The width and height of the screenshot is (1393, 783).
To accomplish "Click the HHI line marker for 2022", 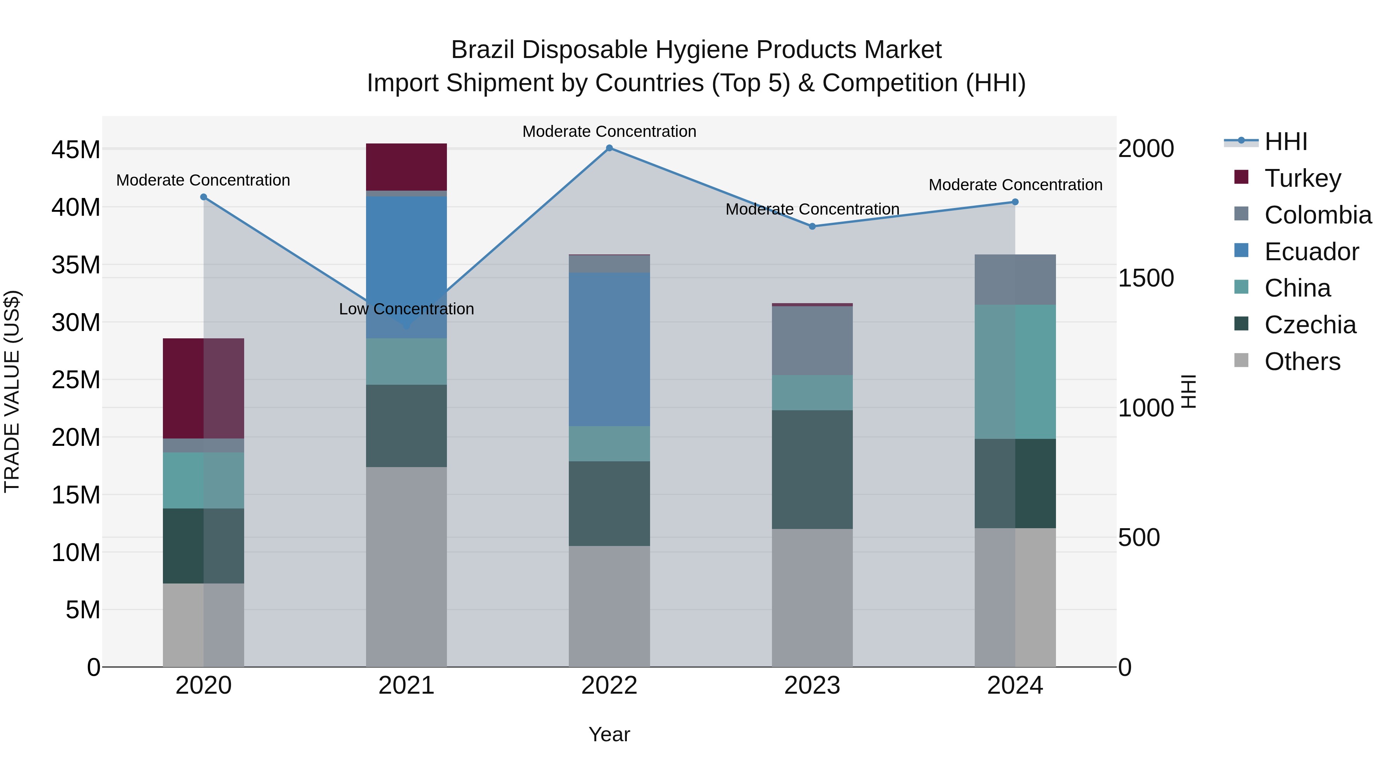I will coord(609,148).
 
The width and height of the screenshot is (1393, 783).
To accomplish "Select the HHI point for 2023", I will coord(812,227).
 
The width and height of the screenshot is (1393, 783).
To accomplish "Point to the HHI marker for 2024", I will coord(1015,202).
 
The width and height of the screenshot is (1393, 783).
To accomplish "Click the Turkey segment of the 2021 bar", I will coord(406,167).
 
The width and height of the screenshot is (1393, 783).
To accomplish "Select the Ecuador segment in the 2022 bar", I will coord(609,349).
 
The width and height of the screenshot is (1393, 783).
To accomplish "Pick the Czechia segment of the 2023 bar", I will coord(812,469).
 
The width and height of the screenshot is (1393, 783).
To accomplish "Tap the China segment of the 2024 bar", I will coord(1015,372).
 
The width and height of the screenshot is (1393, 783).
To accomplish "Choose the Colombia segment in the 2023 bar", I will coord(812,340).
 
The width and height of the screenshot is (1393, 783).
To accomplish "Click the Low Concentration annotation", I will coord(406,309).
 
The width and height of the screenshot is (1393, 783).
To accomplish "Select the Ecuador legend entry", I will coord(1311,252).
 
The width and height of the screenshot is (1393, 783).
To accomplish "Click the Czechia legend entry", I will coord(1310,325).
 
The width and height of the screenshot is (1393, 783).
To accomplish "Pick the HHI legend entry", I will coord(1285,142).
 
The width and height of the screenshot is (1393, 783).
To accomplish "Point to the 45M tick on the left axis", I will coord(76,150).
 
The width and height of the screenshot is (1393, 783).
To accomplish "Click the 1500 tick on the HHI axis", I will coord(1145,278).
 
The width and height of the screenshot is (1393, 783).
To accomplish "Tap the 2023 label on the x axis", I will coord(812,686).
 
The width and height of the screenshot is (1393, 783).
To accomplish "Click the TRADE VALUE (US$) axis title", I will coord(12,391).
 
